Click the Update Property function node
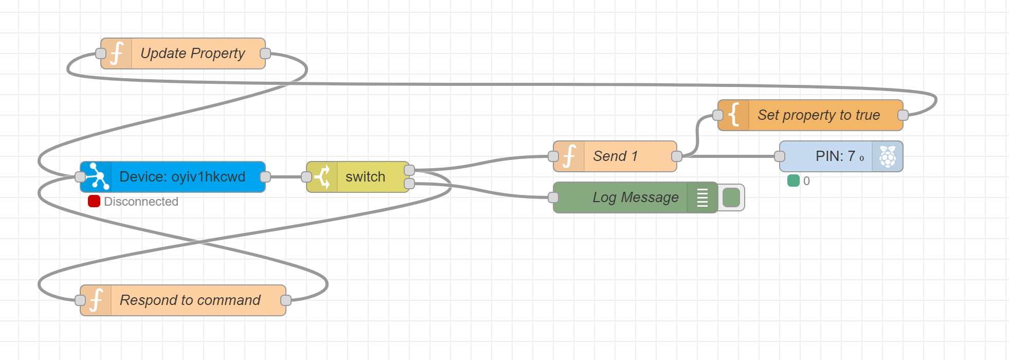click(x=192, y=53)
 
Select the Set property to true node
click(x=819, y=115)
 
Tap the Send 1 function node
click(x=615, y=156)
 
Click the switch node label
click(x=365, y=177)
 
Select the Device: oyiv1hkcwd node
click(x=182, y=177)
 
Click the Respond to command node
click(x=190, y=300)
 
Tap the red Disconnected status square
click(x=94, y=202)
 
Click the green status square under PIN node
click(x=794, y=181)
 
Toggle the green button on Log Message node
click(x=731, y=197)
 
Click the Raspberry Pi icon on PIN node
click(x=888, y=156)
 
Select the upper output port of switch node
click(x=409, y=170)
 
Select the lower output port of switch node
click(x=409, y=184)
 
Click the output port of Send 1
click(x=677, y=156)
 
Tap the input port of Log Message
click(x=553, y=197)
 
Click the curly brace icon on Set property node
click(x=734, y=115)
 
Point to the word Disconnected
click(x=141, y=202)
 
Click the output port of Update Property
click(x=265, y=53)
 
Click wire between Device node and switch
click(x=286, y=177)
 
